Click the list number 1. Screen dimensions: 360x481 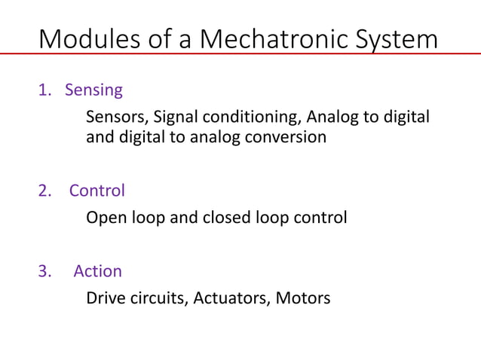[44, 91]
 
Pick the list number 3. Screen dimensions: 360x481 [45, 272]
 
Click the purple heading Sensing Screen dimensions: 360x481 [93, 91]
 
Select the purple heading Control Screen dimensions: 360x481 [97, 191]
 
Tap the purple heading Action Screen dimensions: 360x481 [97, 272]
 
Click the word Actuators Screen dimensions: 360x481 [231, 298]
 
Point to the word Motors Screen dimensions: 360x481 [303, 298]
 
